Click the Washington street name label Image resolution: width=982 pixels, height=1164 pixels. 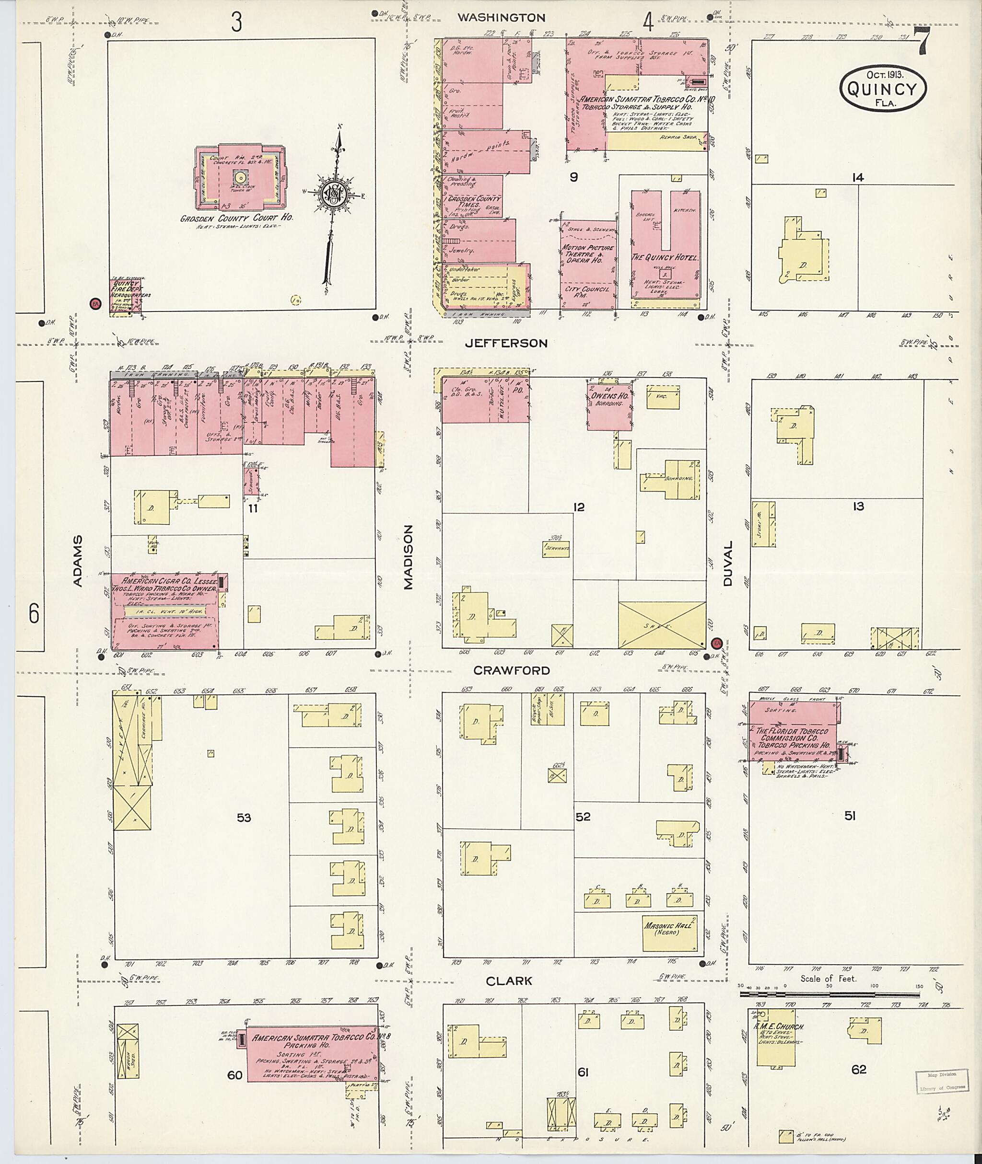501,18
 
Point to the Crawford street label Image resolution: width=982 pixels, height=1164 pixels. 512,670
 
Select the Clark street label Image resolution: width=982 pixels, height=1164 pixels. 509,981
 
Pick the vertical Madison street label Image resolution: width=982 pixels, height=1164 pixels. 409,557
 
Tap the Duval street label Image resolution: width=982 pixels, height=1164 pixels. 728,563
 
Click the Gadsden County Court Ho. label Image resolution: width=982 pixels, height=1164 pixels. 236,218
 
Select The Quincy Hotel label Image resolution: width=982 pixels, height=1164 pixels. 664,258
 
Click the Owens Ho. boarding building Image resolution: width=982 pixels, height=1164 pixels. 609,404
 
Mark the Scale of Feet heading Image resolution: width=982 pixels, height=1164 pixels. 829,978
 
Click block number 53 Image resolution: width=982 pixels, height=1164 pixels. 244,818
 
